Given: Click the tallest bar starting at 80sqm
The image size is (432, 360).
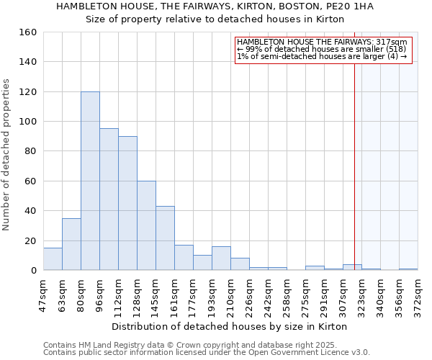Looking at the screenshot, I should point(90,181).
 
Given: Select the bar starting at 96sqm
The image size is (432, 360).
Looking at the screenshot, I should point(109,199).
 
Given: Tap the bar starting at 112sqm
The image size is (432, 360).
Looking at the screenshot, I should point(127,203).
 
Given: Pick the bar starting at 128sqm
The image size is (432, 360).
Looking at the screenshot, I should point(146,225).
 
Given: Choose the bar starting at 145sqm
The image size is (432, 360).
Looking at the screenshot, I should point(165,238).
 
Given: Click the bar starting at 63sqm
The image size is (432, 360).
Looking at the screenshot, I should point(71,244).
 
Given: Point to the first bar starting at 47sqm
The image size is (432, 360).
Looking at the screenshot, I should point(53,259).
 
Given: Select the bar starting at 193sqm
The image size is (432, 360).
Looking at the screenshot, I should point(221,258).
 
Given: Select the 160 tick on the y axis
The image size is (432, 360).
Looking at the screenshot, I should point(28,32).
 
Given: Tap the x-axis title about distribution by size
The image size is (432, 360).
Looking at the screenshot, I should point(230,327).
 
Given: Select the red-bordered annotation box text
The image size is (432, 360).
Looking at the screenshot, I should point(323,49).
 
